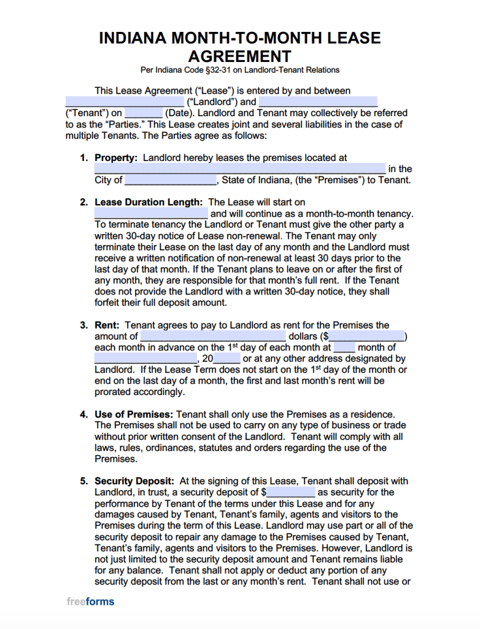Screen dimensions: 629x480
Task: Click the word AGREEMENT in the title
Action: [239, 57]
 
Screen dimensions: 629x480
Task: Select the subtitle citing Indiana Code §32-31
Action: [239, 70]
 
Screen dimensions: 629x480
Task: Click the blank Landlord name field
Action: [124, 102]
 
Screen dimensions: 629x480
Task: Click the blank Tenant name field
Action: [318, 102]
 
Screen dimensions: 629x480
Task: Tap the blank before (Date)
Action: [144, 113]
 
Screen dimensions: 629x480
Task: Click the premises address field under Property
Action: [239, 169]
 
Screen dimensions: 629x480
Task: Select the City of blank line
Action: [171, 181]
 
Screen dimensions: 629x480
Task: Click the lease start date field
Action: [151, 214]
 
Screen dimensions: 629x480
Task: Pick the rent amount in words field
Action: [213, 337]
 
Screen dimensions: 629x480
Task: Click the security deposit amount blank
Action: [290, 493]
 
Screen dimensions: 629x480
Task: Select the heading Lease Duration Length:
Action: [149, 202]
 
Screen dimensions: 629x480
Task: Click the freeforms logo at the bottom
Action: [90, 602]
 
